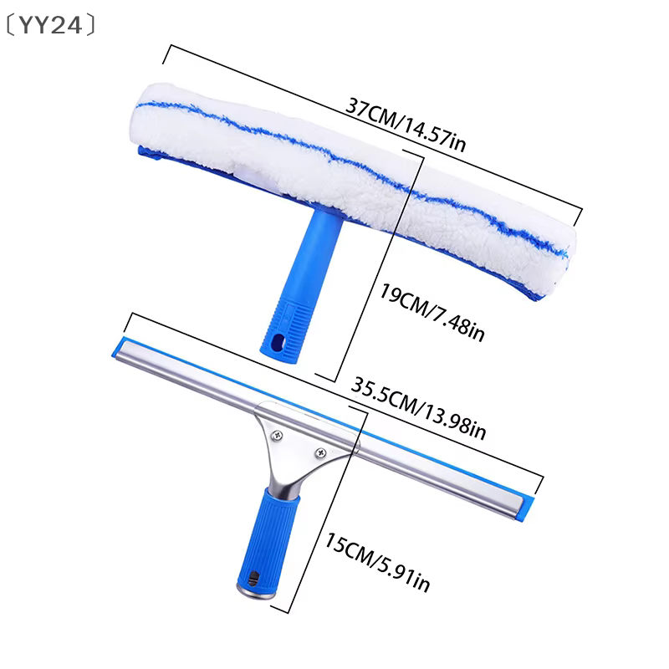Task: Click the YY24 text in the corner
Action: (51, 25)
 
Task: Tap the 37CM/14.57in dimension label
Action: (406, 125)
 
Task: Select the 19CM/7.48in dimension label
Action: (432, 313)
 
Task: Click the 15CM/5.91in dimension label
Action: (378, 562)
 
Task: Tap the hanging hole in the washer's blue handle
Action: (278, 342)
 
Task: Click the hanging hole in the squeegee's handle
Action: (254, 578)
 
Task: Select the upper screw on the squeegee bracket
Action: (278, 435)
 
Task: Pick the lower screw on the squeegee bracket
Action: (320, 452)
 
